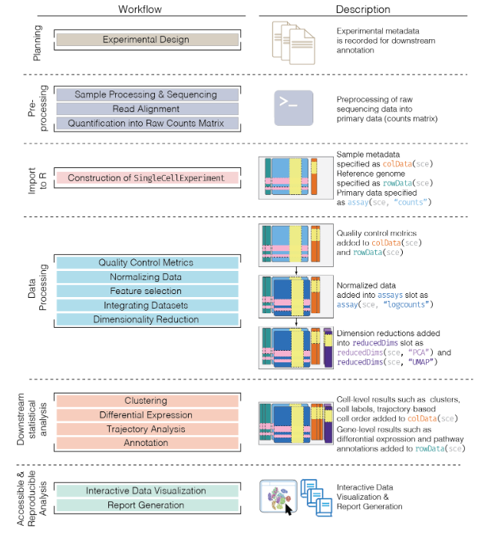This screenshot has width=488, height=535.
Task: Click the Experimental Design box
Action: (146, 40)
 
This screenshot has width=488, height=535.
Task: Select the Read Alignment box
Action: (146, 109)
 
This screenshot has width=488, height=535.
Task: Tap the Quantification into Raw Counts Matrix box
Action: (146, 123)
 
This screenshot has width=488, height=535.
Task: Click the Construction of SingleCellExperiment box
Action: (146, 178)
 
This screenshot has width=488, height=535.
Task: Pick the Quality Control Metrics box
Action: (146, 263)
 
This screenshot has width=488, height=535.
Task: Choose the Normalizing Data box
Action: (146, 277)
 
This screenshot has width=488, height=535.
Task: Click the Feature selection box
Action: (146, 292)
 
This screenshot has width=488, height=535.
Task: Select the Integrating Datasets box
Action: (146, 305)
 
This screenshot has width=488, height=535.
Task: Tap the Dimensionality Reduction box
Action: (146, 319)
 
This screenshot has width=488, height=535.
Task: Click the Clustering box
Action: (146, 401)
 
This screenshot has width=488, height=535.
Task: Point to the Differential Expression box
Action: (146, 414)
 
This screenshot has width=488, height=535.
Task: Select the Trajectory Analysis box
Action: (146, 429)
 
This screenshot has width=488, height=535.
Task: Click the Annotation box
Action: (146, 443)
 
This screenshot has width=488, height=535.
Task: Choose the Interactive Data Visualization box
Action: (146, 491)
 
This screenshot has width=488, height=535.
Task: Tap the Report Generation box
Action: (146, 505)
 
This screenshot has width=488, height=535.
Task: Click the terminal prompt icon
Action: (295, 107)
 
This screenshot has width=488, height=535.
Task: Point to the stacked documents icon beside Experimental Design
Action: (295, 40)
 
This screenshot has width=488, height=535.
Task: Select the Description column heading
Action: (363, 9)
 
